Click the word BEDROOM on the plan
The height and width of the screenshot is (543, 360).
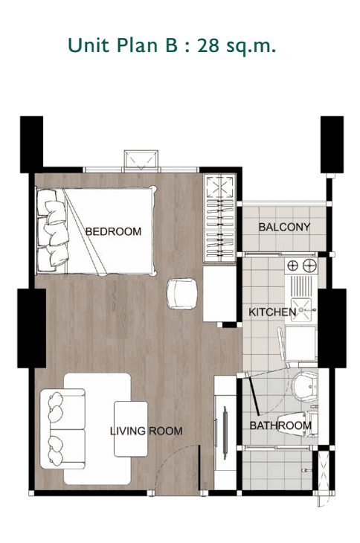tap(113, 231)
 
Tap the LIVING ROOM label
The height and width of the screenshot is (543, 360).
tap(146, 431)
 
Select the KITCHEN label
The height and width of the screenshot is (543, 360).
tap(271, 312)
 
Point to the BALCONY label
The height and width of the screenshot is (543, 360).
tap(284, 227)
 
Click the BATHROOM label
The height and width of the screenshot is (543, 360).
tap(280, 425)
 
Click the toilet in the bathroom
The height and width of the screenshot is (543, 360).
tap(303, 387)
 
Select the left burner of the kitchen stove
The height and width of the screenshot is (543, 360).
tap(292, 265)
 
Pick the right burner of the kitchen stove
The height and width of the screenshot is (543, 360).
tap(308, 265)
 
